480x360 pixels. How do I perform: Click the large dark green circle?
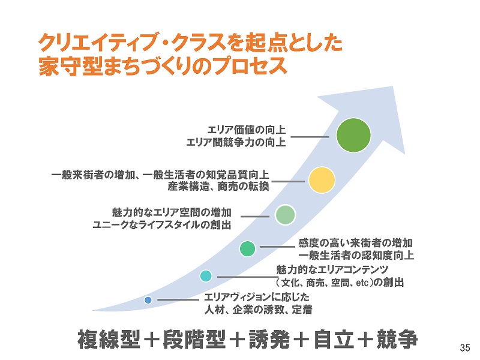[353, 135]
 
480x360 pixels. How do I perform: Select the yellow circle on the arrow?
[322, 180]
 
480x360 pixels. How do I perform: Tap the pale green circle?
[285, 215]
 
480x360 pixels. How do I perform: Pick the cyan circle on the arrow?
[206, 275]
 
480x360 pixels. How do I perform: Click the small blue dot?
[148, 300]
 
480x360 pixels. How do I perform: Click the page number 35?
[464, 348]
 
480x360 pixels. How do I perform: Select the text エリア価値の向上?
[247, 130]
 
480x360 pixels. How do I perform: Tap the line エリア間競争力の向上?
[236, 142]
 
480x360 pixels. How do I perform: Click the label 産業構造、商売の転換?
[218, 187]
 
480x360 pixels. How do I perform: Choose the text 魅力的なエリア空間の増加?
[172, 212]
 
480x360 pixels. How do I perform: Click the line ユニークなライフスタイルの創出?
[162, 225]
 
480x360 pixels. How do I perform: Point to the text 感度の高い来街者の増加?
[356, 243]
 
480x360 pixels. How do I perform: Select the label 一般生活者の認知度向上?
[356, 256]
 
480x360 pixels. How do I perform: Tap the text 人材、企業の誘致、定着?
[259, 310]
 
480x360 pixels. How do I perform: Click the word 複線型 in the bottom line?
[109, 339]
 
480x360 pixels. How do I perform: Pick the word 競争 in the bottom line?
[397, 339]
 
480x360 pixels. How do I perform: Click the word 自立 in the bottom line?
[334, 339]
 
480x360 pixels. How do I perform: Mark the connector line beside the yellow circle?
[288, 181]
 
